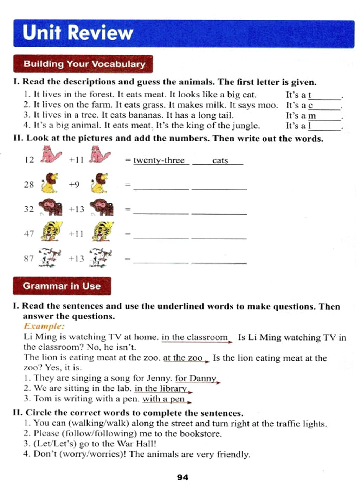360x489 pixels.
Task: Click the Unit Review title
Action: click(78, 33)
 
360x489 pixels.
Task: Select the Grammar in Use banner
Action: click(62, 286)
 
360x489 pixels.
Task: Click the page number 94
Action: click(182, 477)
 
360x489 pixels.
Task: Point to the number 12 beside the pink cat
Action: click(30, 160)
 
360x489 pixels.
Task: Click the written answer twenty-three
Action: click(159, 160)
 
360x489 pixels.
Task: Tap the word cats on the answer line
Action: click(220, 160)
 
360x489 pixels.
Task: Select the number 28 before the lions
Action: click(29, 184)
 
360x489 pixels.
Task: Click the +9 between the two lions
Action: click(74, 184)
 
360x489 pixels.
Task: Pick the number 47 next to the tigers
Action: click(29, 234)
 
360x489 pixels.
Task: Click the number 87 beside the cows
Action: click(29, 258)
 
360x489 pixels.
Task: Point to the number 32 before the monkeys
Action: click(29, 209)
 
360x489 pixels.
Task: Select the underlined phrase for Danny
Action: click(196, 378)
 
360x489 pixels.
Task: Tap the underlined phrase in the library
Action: click(161, 388)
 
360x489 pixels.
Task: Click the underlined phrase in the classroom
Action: click(195, 337)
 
